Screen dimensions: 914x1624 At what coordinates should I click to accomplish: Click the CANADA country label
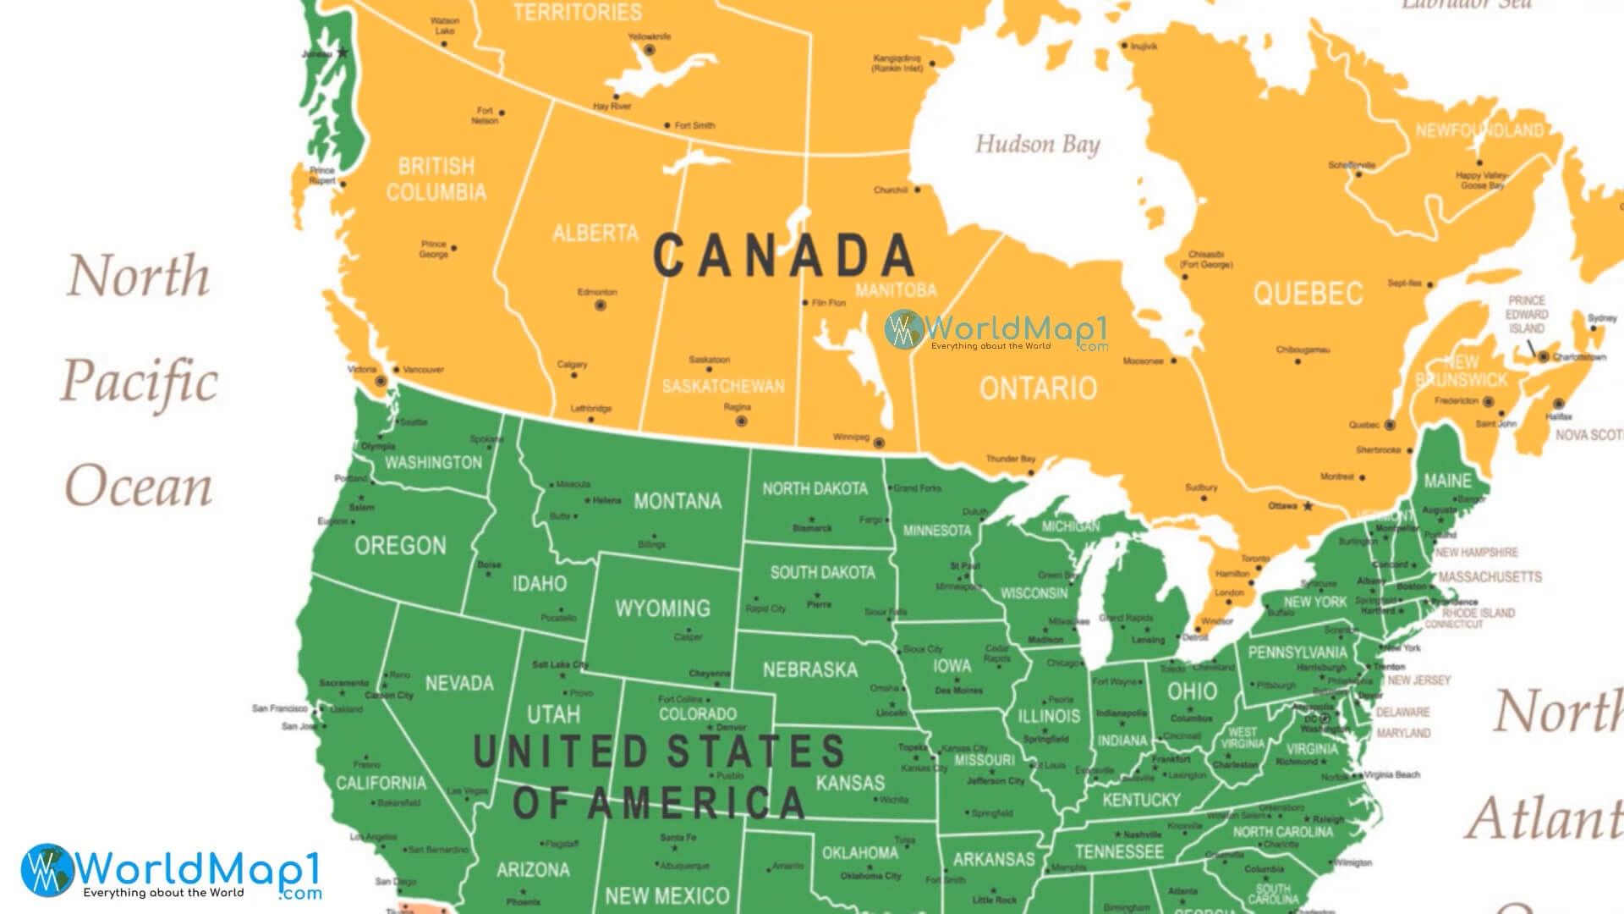pos(783,256)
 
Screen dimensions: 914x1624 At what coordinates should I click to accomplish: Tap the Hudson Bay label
pos(1037,145)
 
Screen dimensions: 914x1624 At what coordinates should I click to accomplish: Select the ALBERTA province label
pos(595,233)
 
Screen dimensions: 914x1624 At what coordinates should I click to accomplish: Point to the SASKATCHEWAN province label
pos(723,387)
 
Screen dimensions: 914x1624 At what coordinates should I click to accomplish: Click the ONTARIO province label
pos(1038,388)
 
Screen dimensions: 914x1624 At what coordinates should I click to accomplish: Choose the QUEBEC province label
pos(1308,294)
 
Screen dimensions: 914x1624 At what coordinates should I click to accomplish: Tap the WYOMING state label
pos(662,608)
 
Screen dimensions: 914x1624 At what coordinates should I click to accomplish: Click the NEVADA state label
pos(459,683)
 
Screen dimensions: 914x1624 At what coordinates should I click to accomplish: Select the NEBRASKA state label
pos(809,670)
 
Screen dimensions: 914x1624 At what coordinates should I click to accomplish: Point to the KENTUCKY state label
pos(1141,800)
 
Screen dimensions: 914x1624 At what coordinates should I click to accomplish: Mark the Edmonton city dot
pos(601,306)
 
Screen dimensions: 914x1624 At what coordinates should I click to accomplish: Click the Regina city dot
pos(742,421)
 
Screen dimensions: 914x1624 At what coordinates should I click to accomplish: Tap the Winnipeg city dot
pos(879,443)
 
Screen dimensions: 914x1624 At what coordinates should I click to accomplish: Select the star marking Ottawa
pos(1308,506)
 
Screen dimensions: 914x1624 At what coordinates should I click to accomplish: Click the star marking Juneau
pos(343,52)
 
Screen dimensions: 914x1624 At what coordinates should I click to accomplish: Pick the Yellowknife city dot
pos(650,51)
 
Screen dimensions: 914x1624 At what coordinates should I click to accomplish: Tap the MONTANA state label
pos(678,502)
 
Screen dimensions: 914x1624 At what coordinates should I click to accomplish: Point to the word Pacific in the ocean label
pos(140,381)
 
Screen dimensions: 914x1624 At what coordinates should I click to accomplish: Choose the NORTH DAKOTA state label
pos(815,489)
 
